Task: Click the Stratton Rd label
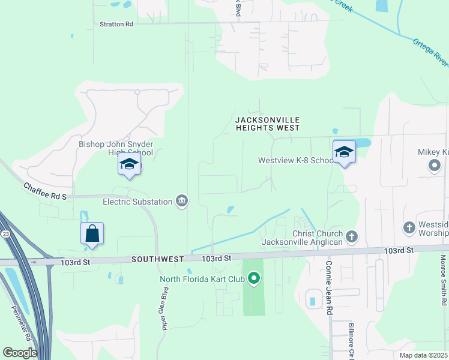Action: (116, 24)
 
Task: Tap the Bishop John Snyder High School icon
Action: (129, 164)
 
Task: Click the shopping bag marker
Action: (92, 233)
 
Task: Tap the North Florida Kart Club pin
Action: (254, 278)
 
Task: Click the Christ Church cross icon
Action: (352, 237)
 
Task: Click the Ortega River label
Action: (430, 52)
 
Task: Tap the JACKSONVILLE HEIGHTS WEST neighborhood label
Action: (267, 124)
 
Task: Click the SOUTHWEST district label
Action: (158, 259)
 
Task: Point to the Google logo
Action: (20, 353)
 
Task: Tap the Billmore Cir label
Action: (352, 338)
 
